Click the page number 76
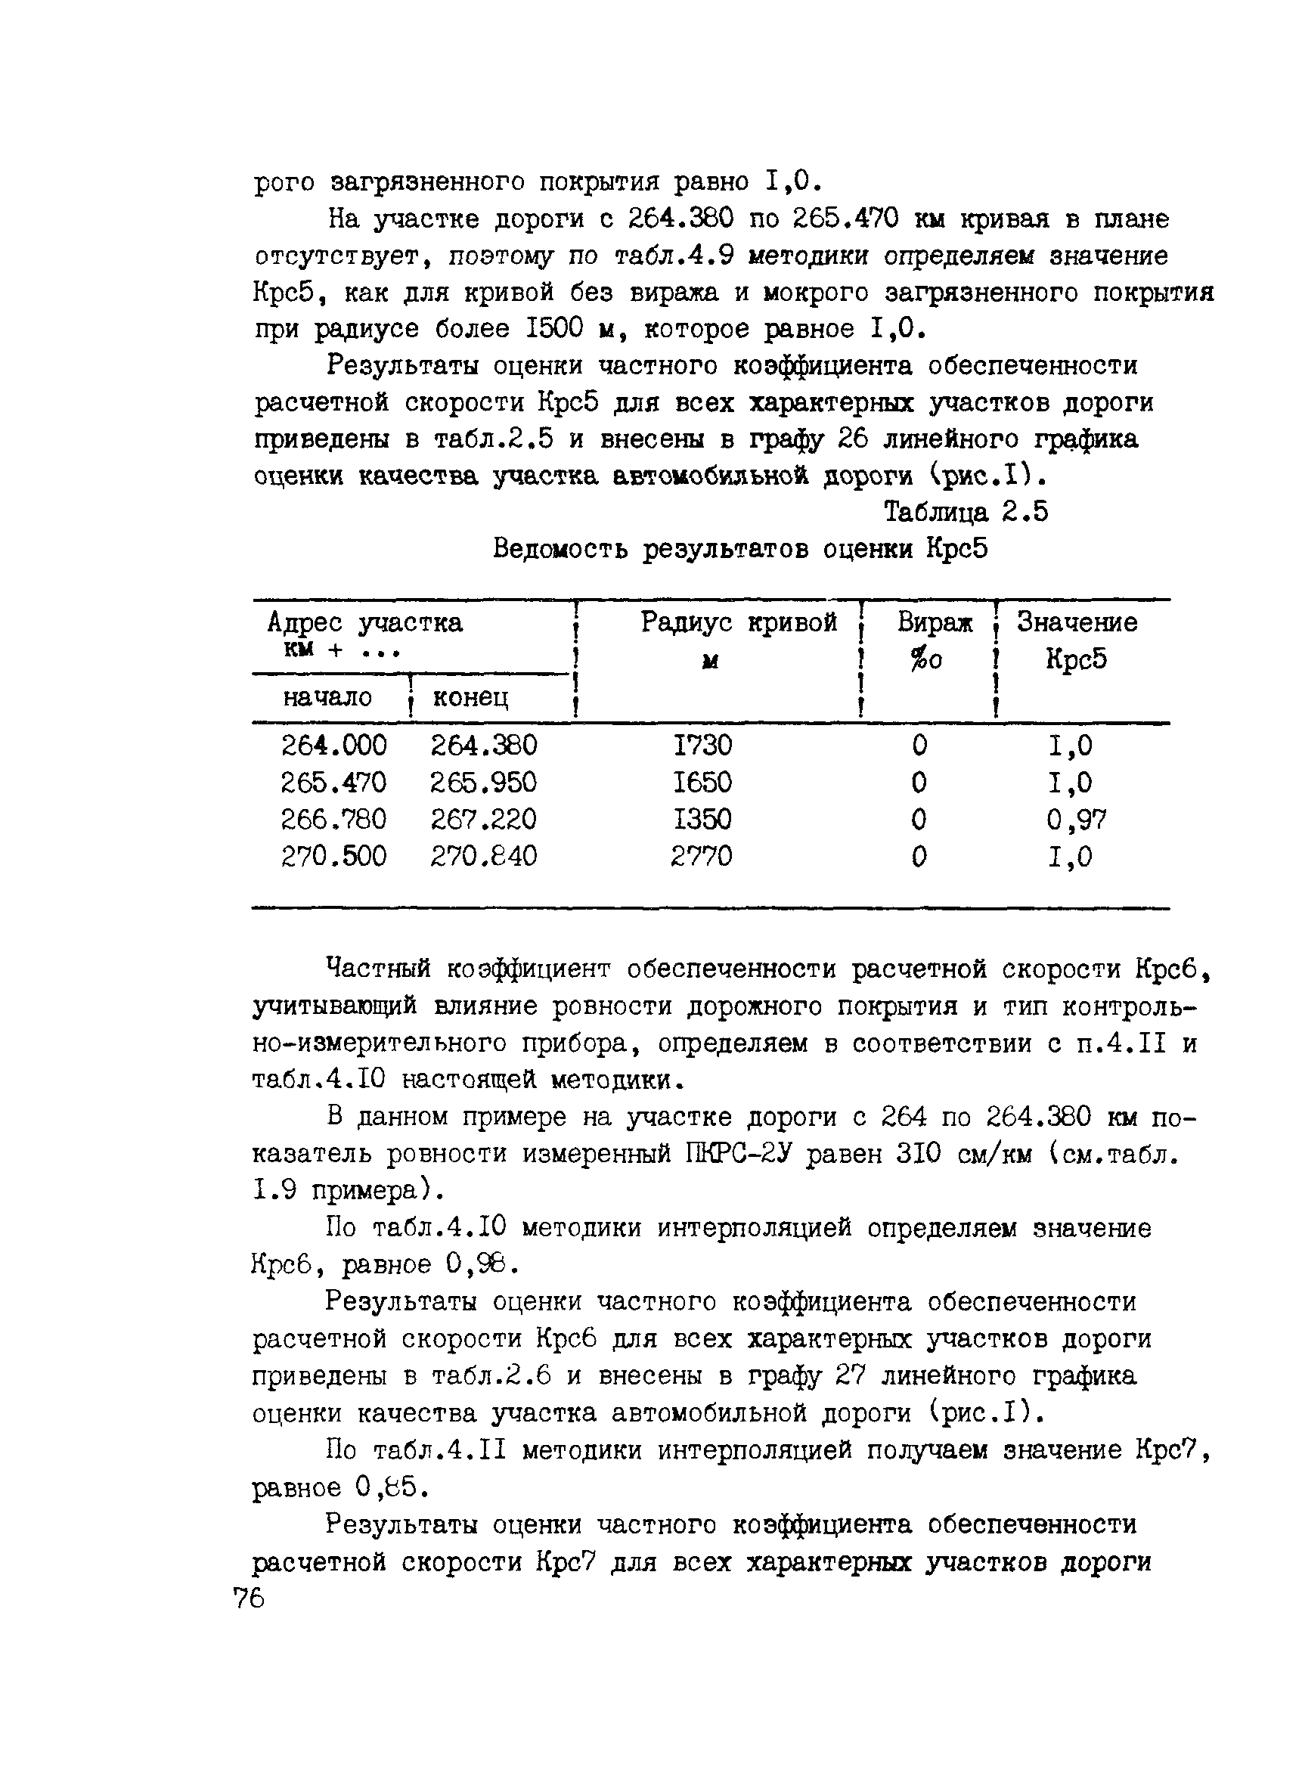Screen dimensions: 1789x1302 [250, 1600]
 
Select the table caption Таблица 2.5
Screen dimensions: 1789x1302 [966, 513]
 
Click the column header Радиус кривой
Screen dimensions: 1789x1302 [738, 623]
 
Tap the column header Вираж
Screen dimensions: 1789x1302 [935, 623]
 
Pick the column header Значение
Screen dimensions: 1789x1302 [1077, 623]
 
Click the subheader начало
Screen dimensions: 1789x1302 [327, 697]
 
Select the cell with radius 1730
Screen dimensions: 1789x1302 [702, 746]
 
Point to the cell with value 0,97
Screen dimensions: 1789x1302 [1077, 820]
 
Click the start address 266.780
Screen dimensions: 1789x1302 [333, 820]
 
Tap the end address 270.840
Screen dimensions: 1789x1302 [483, 857]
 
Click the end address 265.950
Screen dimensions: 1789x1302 [483, 783]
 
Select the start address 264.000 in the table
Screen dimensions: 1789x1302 [333, 746]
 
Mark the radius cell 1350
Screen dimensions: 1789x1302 [702, 820]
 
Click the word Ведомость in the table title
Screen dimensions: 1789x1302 [561, 549]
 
